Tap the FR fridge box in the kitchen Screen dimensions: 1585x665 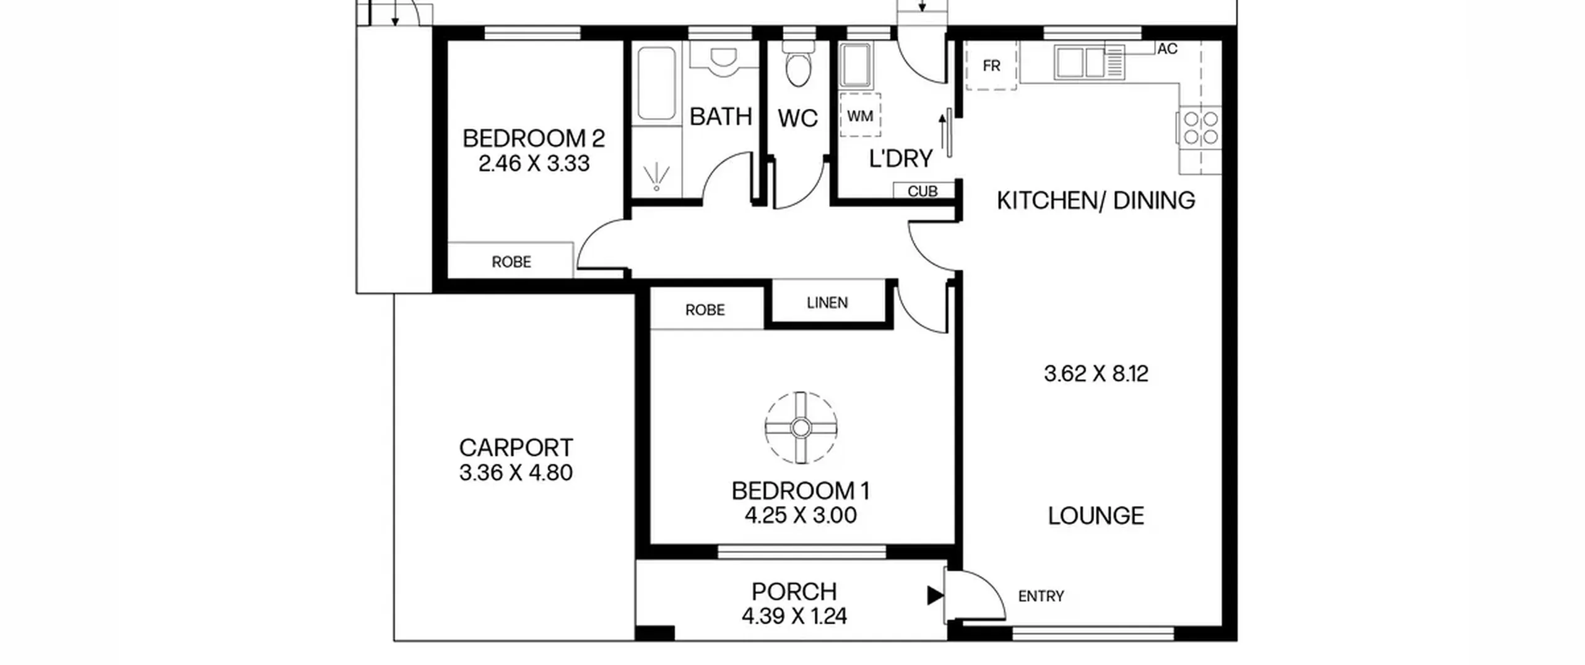point(991,66)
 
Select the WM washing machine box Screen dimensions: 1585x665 point(860,116)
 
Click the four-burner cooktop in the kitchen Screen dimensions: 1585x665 point(1201,127)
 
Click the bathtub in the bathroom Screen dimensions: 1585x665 point(656,84)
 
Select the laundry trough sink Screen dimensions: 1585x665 point(855,65)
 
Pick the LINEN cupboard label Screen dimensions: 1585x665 point(827,302)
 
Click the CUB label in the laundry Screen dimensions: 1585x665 point(923,192)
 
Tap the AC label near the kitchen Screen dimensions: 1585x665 point(1167,49)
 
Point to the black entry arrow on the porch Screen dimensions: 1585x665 point(935,596)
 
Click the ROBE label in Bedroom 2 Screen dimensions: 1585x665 point(511,262)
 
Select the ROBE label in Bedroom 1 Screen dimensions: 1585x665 point(705,310)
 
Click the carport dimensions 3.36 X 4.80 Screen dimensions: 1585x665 point(516,473)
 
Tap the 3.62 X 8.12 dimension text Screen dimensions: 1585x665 point(1096,374)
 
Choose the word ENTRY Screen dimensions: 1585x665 point(1041,596)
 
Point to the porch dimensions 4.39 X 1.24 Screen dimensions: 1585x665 point(794,616)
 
